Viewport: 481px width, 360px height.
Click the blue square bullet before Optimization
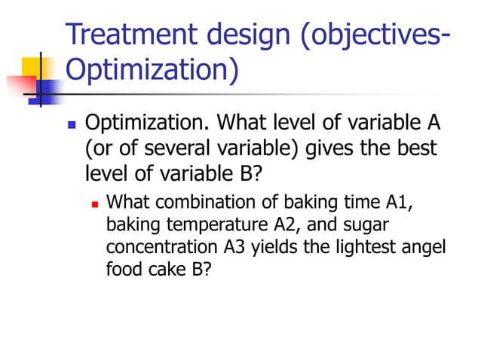[72, 124]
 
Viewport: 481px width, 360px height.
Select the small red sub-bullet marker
[96, 205]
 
